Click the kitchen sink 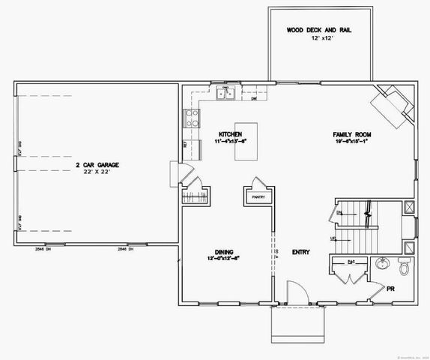click(x=225, y=93)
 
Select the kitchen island click(x=246, y=141)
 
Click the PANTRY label click(x=258, y=197)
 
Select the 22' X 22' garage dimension click(x=97, y=172)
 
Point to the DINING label click(x=224, y=251)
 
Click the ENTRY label click(x=300, y=252)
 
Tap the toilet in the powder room click(x=404, y=266)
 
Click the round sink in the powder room click(x=382, y=263)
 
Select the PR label click(x=390, y=288)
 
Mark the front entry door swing click(x=294, y=292)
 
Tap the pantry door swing click(x=258, y=184)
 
